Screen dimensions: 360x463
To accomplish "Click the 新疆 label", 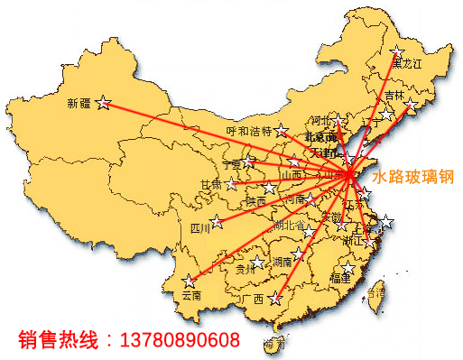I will [x=79, y=103].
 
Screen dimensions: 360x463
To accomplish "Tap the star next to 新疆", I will [x=104, y=103].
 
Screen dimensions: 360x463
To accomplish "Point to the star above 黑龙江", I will [x=397, y=51].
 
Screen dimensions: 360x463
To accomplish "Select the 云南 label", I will [x=190, y=295].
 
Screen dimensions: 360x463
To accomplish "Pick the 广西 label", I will [x=254, y=299].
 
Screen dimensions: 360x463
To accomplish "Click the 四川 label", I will [x=199, y=228].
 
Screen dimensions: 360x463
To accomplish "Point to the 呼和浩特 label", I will [x=248, y=131].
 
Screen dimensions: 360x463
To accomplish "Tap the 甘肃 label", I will [x=210, y=184].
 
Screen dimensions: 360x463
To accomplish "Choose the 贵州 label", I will [x=245, y=268].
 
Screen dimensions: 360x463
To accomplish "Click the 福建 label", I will [x=341, y=279].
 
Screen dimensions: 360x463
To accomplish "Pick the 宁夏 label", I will [x=232, y=164].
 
